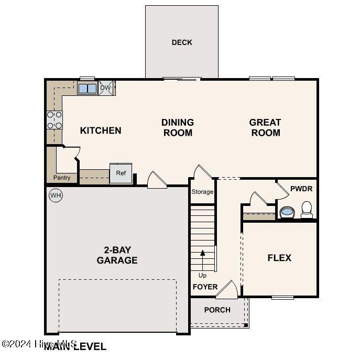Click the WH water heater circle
click(x=56, y=196)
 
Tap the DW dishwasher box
click(x=106, y=88)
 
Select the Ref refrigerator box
click(x=121, y=173)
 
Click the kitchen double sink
click(x=87, y=88)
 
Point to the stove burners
click(x=54, y=119)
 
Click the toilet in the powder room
click(x=307, y=210)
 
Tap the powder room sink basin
click(x=287, y=212)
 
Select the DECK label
click(x=182, y=42)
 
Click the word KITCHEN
click(x=101, y=130)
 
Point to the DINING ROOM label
click(x=178, y=127)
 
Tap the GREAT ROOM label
click(x=265, y=127)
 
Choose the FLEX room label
click(x=279, y=258)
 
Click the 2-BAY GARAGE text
click(x=117, y=255)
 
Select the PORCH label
click(x=217, y=310)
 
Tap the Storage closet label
click(x=202, y=192)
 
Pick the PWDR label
click(x=301, y=188)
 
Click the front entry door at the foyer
click(x=227, y=290)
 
